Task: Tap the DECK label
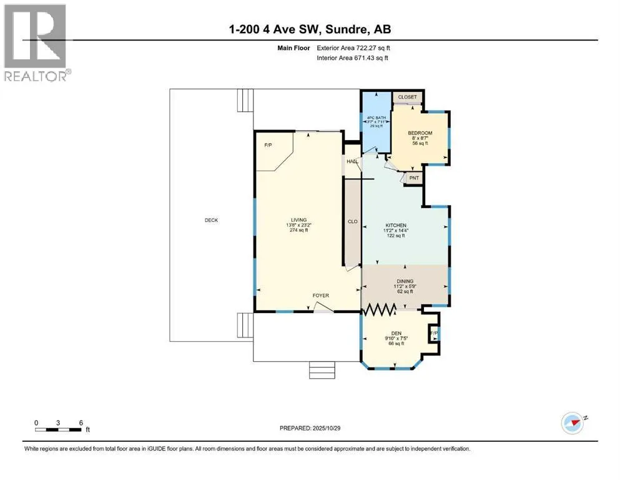[x=211, y=220]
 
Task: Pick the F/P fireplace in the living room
[x=268, y=146]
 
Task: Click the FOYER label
[x=321, y=296]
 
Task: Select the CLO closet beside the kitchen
[x=352, y=222]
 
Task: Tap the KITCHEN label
[x=396, y=225]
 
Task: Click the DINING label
[x=405, y=281]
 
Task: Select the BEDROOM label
[x=420, y=134]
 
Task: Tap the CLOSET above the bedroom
[x=407, y=97]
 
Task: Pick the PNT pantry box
[x=413, y=178]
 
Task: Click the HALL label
[x=352, y=162]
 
